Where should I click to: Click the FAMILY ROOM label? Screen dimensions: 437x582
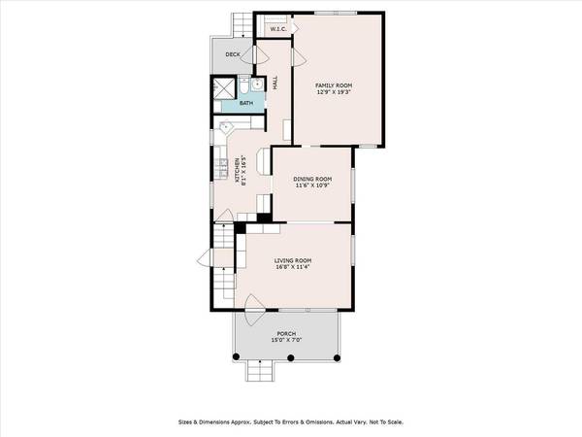pos(333,85)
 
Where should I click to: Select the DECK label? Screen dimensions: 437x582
pos(232,54)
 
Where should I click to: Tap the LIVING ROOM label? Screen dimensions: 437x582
pos(292,260)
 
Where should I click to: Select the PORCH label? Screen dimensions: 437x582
pos(285,334)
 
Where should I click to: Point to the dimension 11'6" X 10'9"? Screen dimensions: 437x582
pos(312,186)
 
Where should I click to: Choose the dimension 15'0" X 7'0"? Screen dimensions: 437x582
pos(285,341)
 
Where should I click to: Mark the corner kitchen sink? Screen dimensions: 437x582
pos(225,126)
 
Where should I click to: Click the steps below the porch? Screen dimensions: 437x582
pos(259,370)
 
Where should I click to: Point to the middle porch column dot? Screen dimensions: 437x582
pos(289,359)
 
